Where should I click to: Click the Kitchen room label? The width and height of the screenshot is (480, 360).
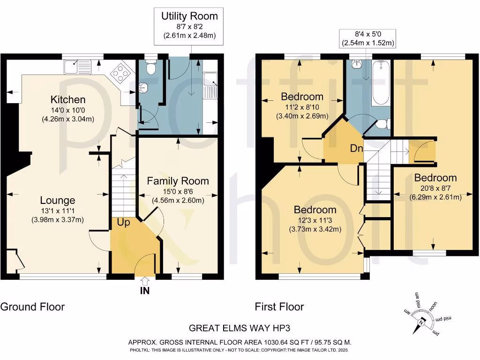pos(68,99)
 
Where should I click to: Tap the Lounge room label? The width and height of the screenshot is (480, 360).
pos(57,200)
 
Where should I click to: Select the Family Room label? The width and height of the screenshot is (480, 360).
pos(178,181)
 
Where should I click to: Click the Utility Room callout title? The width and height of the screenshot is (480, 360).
pos(189,16)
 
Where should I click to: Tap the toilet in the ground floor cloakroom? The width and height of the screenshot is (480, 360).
pos(150,67)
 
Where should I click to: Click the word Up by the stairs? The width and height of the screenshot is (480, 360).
pos(123,223)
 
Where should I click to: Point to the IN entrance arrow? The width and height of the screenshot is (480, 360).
pos(145,285)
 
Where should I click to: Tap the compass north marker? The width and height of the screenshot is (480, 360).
pos(421,322)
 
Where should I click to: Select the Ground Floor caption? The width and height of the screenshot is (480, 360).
pos(32,307)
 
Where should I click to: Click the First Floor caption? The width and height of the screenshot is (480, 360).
pos(279,307)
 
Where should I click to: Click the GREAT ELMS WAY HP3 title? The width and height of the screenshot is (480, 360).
pos(240,328)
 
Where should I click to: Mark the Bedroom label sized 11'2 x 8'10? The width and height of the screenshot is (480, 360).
pos(302,97)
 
